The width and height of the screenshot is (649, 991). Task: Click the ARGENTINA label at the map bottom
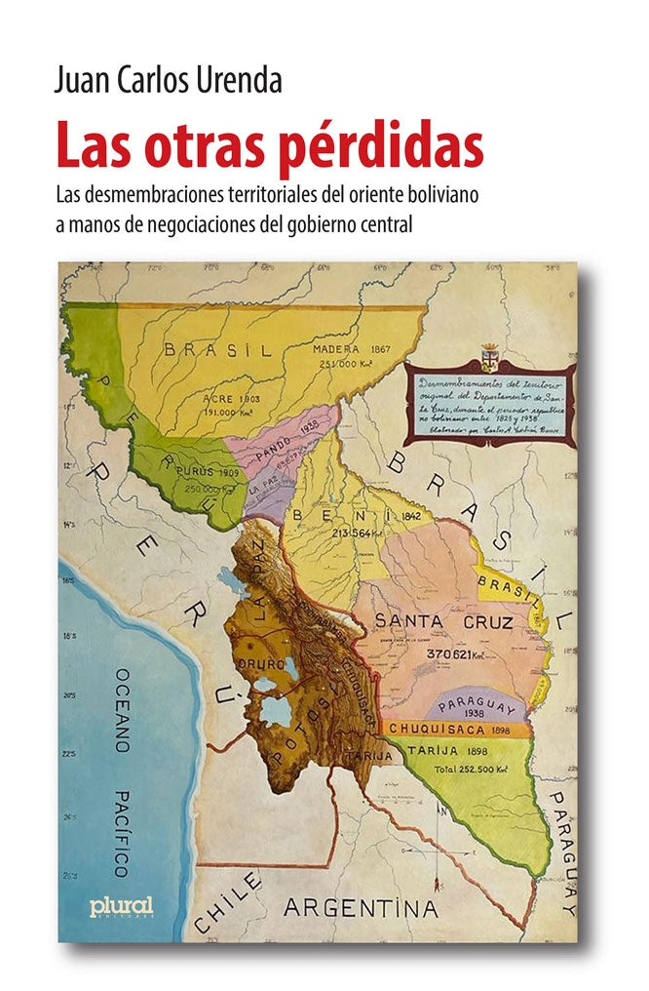(361, 909)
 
